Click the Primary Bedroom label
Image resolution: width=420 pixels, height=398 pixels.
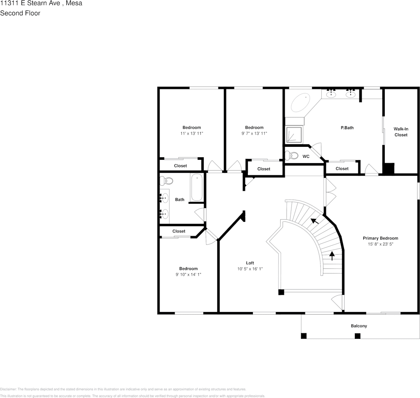click(380, 238)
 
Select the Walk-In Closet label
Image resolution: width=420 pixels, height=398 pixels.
click(401, 132)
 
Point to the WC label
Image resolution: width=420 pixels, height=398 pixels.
click(306, 156)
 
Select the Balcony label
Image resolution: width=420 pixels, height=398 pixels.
click(359, 326)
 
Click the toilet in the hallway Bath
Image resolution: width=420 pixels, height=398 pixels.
click(167, 181)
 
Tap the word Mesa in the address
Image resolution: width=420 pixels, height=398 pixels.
click(74, 3)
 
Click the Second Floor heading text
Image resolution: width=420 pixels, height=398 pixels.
click(20, 13)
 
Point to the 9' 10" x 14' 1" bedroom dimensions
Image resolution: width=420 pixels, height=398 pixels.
click(188, 274)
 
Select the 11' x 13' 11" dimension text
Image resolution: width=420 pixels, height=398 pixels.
click(192, 133)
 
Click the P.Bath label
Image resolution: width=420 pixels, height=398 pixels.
click(347, 127)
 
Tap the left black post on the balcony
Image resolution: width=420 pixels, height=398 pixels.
click(304, 336)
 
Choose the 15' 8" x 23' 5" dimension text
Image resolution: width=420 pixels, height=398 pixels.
click(380, 244)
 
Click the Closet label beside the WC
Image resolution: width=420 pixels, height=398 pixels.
click(342, 169)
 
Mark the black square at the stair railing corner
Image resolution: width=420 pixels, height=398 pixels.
click(281, 292)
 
